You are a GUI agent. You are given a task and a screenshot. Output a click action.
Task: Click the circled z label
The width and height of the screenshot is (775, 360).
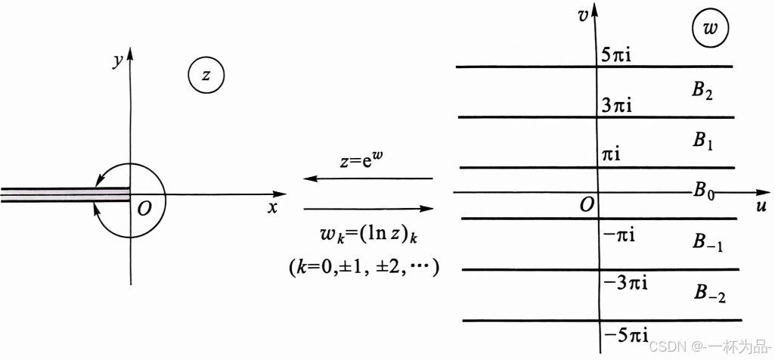tap(206, 75)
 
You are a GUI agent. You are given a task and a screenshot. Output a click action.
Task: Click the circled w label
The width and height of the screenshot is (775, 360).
tap(710, 29)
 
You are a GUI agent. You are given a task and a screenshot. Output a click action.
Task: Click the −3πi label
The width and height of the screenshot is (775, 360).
tap(625, 284)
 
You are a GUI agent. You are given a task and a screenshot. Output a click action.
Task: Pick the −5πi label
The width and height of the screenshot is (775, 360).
tap(625, 334)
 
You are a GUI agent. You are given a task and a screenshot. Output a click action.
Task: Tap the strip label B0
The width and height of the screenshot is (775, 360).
tap(704, 191)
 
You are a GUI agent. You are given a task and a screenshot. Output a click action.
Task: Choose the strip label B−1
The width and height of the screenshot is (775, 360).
tap(708, 242)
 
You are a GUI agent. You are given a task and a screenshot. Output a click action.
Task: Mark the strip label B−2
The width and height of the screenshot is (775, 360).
tap(709, 293)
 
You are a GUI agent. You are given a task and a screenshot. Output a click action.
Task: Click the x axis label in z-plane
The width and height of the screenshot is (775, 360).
tap(272, 207)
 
